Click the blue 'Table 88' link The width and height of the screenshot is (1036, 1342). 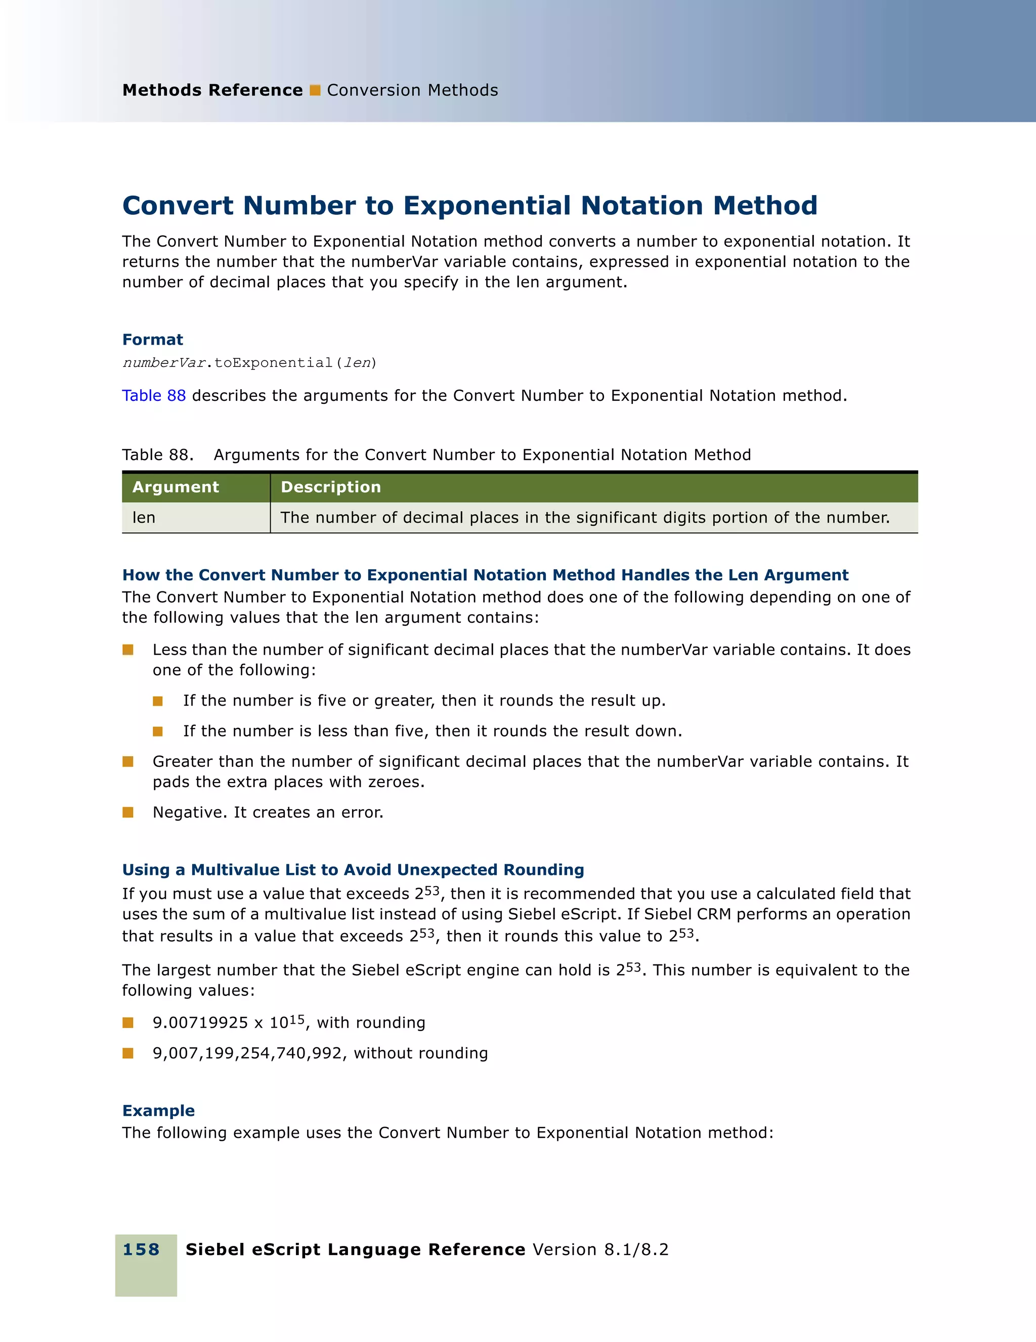pyautogui.click(x=154, y=396)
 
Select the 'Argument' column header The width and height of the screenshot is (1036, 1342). pyautogui.click(x=176, y=487)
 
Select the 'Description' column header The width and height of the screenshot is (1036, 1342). pyautogui.click(x=331, y=487)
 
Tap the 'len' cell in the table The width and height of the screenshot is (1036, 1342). pyautogui.click(x=144, y=518)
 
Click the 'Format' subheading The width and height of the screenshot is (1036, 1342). pyautogui.click(x=152, y=340)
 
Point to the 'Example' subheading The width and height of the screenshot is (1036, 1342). pyautogui.click(x=159, y=1110)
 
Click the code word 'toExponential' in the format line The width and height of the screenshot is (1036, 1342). pyautogui.click(x=273, y=363)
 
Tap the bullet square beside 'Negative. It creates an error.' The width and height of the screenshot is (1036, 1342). pyautogui.click(x=128, y=812)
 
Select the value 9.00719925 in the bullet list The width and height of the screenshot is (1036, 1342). pyautogui.click(x=200, y=1023)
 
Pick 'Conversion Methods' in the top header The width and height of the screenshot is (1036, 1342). pyautogui.click(x=413, y=90)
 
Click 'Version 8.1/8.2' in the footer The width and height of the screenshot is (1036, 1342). pyautogui.click(x=600, y=1249)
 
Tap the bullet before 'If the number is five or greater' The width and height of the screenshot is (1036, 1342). pyautogui.click(x=158, y=701)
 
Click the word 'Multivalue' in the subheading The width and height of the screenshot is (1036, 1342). pyautogui.click(x=249, y=869)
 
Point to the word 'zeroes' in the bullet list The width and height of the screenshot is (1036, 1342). pyautogui.click(x=394, y=782)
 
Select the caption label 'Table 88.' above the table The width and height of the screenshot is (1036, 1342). pyautogui.click(x=158, y=455)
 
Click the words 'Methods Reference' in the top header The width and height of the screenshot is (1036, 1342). pyautogui.click(x=212, y=90)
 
